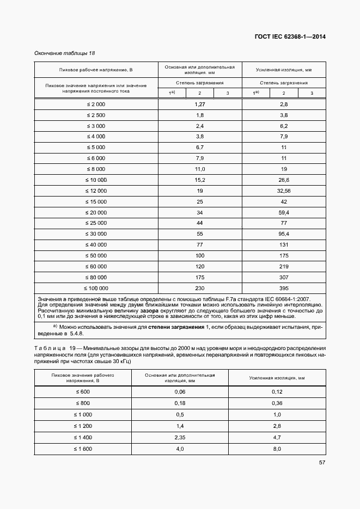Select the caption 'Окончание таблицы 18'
[x=65, y=53]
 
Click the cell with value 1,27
[x=199, y=103]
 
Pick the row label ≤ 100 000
[x=96, y=289]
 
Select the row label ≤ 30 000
[x=96, y=234]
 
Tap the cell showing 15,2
[x=199, y=180]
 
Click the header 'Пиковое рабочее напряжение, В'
[x=96, y=70]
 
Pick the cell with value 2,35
[x=180, y=437]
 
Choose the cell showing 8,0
[x=277, y=449]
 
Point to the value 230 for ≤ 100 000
[x=199, y=289]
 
